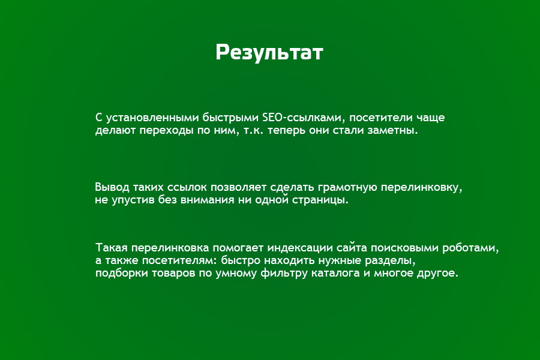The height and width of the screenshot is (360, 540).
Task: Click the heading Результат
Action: click(x=269, y=53)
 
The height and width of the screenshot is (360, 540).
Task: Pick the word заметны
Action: click(x=394, y=130)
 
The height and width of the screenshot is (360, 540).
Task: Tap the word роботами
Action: click(x=475, y=248)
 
